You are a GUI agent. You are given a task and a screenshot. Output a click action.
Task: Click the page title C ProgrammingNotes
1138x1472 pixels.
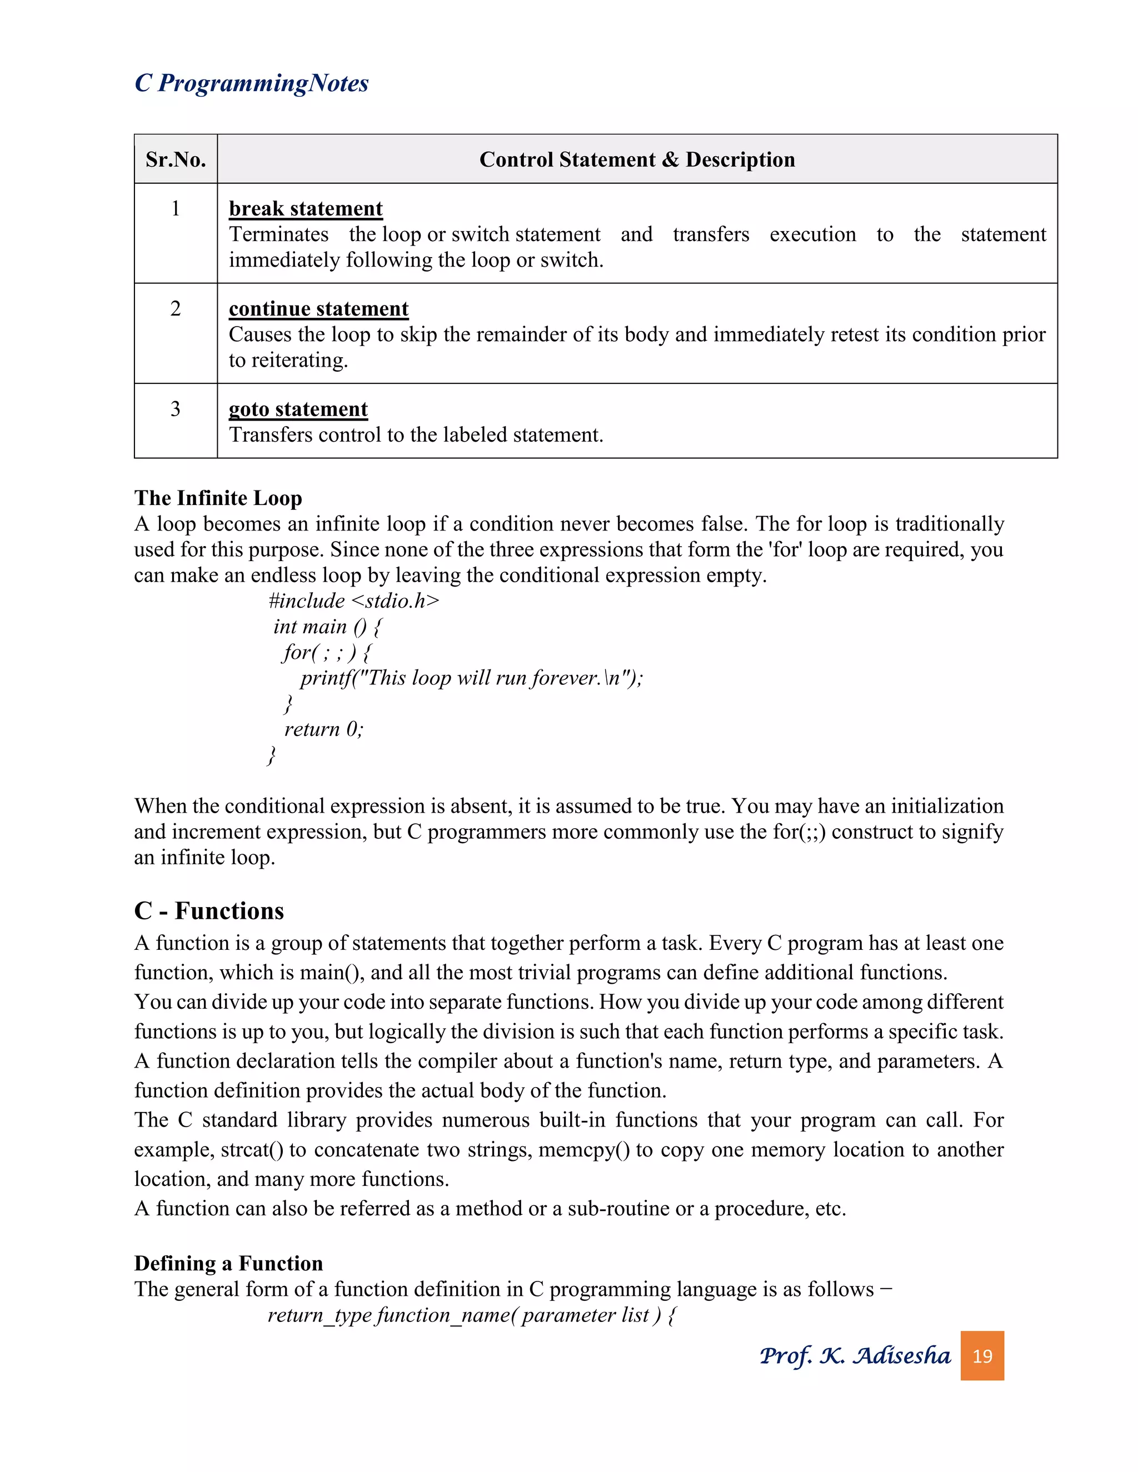[x=252, y=83]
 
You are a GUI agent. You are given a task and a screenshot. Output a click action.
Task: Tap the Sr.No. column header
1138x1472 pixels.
[x=175, y=160]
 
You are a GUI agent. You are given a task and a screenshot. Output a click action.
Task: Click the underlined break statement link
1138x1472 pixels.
[x=306, y=209]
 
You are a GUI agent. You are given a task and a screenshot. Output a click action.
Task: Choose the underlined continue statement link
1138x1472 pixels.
[x=318, y=309]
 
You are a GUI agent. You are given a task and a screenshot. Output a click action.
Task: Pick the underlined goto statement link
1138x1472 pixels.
[x=298, y=409]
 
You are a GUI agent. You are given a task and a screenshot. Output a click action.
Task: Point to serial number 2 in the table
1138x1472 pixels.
[x=175, y=309]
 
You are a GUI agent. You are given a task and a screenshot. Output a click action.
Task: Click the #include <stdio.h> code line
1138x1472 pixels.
[x=353, y=600]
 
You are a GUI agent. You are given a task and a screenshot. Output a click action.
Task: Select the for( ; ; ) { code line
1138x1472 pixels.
[x=327, y=652]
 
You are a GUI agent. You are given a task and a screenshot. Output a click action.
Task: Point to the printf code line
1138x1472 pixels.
[x=471, y=677]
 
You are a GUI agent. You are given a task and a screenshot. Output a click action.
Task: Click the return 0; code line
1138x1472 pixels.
[x=323, y=729]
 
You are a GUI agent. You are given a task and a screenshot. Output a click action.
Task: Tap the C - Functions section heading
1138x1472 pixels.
[x=209, y=910]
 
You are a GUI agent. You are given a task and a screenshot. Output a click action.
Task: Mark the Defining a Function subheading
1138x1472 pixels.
[x=228, y=1263]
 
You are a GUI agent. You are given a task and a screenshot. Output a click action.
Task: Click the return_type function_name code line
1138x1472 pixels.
[x=472, y=1314]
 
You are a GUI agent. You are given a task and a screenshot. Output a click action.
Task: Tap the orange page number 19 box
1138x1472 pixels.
[x=982, y=1355]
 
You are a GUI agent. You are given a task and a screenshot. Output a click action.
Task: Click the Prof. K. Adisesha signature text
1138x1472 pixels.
[x=855, y=1355]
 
